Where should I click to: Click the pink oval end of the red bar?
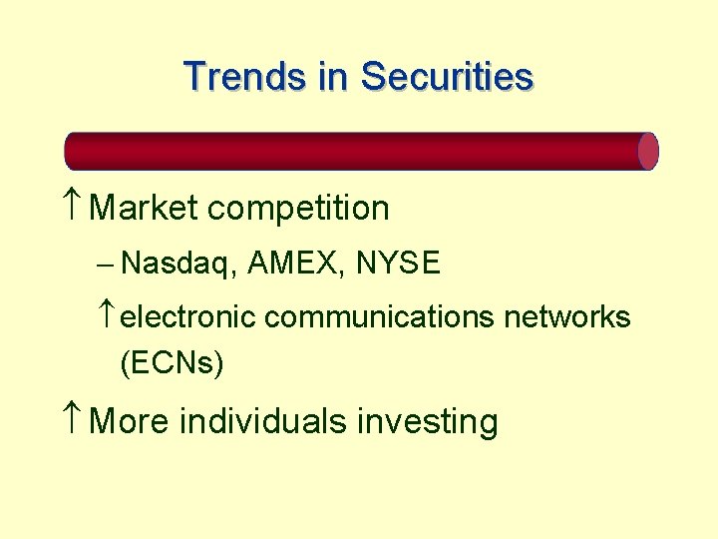[648, 151]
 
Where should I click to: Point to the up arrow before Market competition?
[74, 208]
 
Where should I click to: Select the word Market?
[144, 209]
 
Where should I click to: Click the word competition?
[299, 210]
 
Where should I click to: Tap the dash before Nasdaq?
[107, 265]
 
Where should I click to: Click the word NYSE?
[398, 264]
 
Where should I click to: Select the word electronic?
[189, 317]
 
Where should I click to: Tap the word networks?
[566, 317]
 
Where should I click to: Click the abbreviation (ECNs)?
[172, 363]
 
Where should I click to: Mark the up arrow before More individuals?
[74, 420]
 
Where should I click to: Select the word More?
[130, 421]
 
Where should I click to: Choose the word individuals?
[263, 421]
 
